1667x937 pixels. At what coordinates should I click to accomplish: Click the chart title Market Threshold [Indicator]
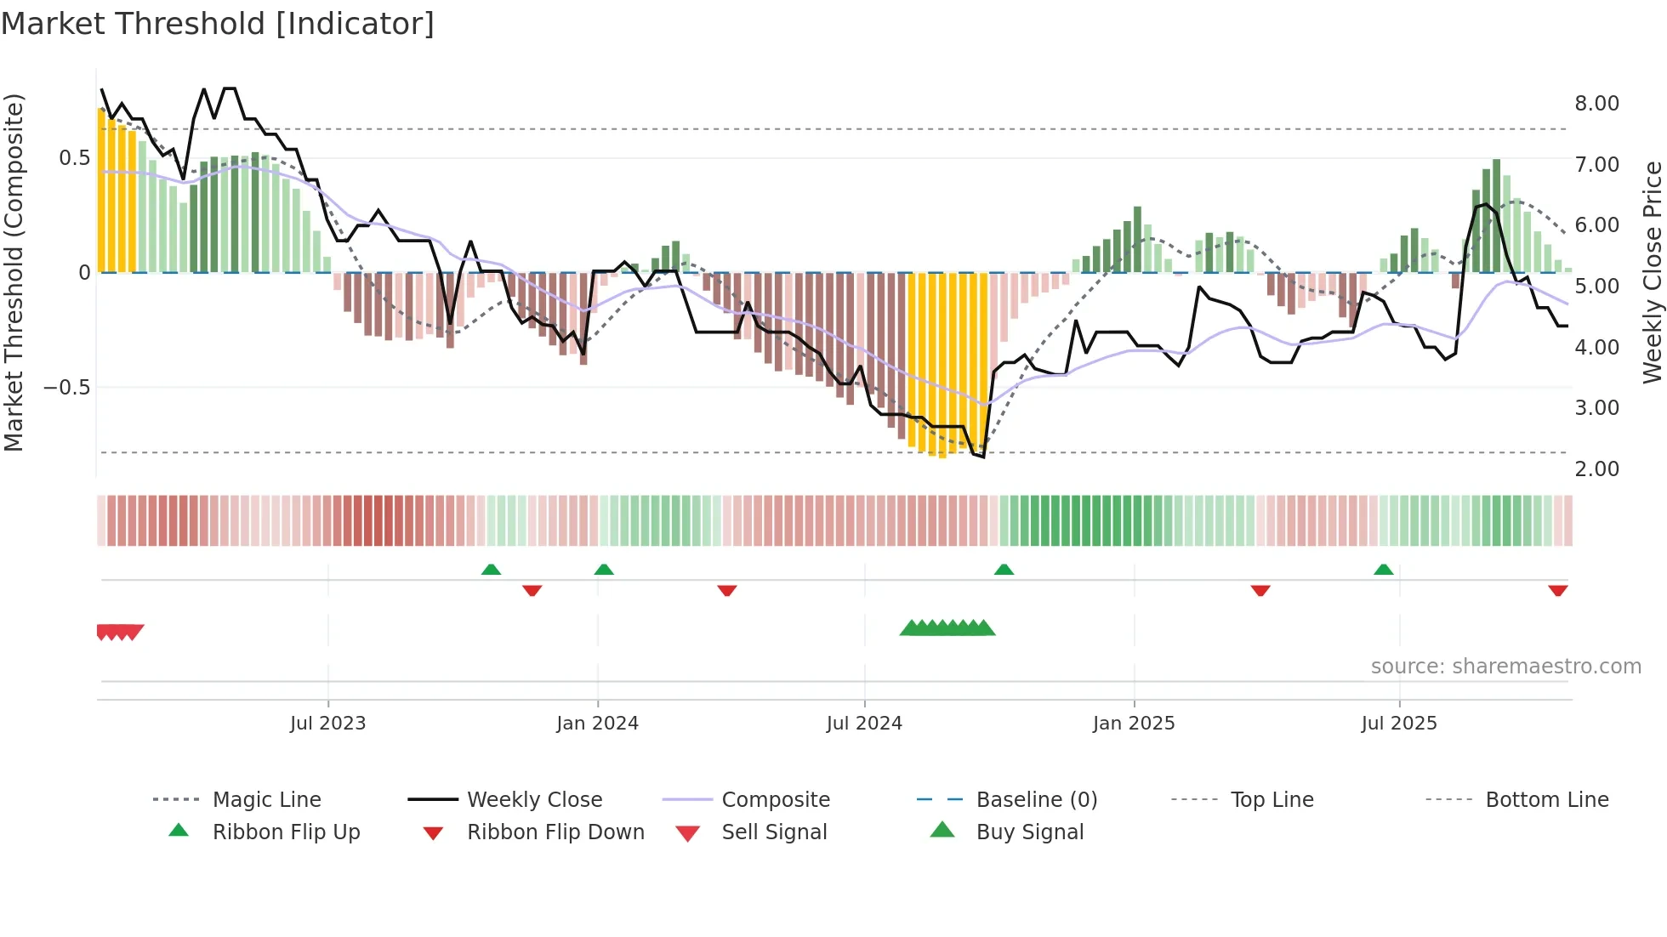pyautogui.click(x=218, y=24)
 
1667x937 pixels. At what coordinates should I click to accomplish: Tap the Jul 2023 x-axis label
pyautogui.click(x=327, y=724)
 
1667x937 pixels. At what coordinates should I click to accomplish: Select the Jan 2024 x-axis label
pyautogui.click(x=597, y=724)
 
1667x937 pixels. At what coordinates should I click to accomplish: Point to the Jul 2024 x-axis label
pyautogui.click(x=864, y=724)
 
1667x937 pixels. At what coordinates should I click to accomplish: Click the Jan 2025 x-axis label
pyautogui.click(x=1134, y=724)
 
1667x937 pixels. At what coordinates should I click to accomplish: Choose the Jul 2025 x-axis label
pyautogui.click(x=1399, y=724)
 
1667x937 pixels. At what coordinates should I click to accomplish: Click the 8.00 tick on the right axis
pyautogui.click(x=1596, y=104)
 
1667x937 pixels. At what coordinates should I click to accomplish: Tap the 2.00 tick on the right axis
pyautogui.click(x=1596, y=469)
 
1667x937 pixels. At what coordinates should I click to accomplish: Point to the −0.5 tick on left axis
pyautogui.click(x=66, y=388)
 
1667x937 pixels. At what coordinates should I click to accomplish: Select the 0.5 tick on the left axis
pyautogui.click(x=74, y=158)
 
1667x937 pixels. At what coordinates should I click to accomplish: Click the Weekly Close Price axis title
pyautogui.click(x=1652, y=272)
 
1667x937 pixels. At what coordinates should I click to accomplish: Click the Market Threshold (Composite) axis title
pyautogui.click(x=14, y=272)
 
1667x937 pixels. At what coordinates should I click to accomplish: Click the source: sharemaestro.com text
pyautogui.click(x=1505, y=667)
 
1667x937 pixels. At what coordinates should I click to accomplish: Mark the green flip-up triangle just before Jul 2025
pyautogui.click(x=1383, y=570)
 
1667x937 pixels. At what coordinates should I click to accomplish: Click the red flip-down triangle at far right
pyautogui.click(x=1557, y=590)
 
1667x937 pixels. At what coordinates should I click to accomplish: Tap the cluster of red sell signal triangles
pyautogui.click(x=119, y=632)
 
